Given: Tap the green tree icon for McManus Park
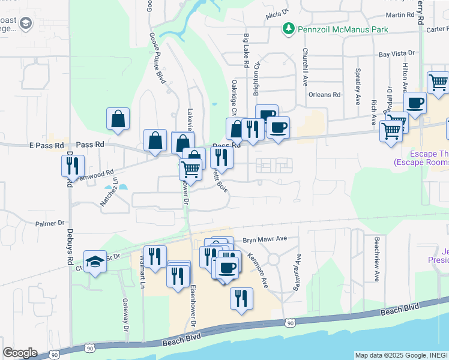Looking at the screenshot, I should pos(289,29).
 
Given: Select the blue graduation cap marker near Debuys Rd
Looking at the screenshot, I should pos(95,261).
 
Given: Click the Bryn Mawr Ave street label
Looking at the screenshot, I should pos(265,239).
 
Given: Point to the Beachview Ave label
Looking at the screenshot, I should pos(376,259).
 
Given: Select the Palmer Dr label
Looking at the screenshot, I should pos(50,223).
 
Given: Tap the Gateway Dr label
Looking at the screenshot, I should pos(126,315).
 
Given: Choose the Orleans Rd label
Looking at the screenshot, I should pos(324,95).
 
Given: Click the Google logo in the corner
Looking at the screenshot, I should pos(20,353).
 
